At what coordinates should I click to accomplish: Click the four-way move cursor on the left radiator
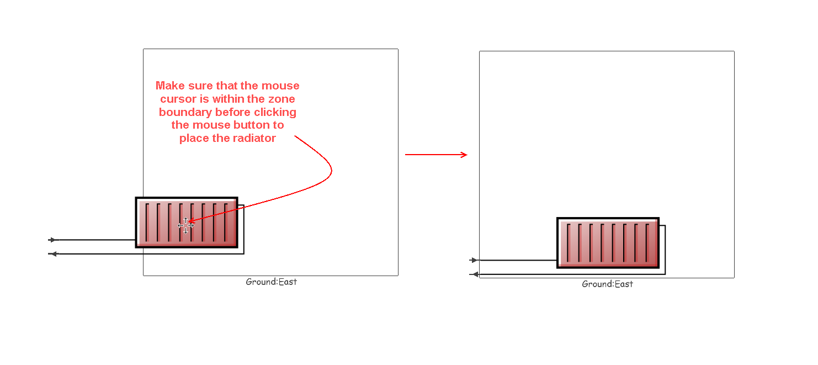pos(185,226)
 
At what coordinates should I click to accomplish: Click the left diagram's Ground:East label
pos(272,282)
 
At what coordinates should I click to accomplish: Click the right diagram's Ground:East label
pos(607,284)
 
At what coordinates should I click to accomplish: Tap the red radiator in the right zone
pos(608,243)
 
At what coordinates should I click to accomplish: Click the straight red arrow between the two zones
pos(436,155)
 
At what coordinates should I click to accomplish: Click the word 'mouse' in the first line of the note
pos(280,86)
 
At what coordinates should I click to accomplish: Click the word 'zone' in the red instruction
pos(281,99)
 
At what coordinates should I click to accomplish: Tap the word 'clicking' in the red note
pos(275,112)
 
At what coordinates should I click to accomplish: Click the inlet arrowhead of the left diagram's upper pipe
pos(53,240)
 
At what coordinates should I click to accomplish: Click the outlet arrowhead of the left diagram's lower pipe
pos(53,254)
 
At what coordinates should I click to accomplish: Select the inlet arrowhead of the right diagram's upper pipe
pos(474,260)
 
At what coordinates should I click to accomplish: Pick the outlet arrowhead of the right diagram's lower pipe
pos(474,274)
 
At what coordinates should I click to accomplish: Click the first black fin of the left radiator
pos(147,223)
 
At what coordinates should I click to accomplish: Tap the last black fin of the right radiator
pos(647,243)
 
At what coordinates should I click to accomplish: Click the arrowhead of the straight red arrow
pos(464,155)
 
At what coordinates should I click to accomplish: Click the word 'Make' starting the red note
pos(170,86)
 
